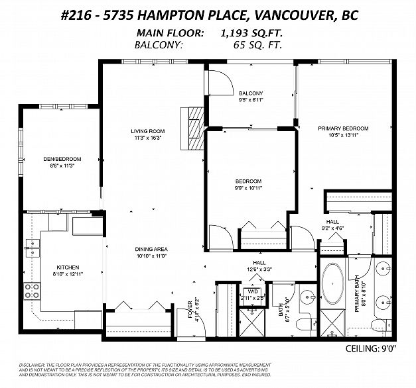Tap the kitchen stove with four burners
(x=31, y=291)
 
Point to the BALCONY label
(x=251, y=93)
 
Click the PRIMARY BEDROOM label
(x=342, y=128)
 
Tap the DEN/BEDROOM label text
(x=62, y=159)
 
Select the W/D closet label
(x=252, y=291)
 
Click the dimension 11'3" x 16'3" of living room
(x=147, y=138)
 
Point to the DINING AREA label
(x=153, y=249)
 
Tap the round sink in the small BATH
(x=307, y=297)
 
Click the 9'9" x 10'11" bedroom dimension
(x=249, y=189)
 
